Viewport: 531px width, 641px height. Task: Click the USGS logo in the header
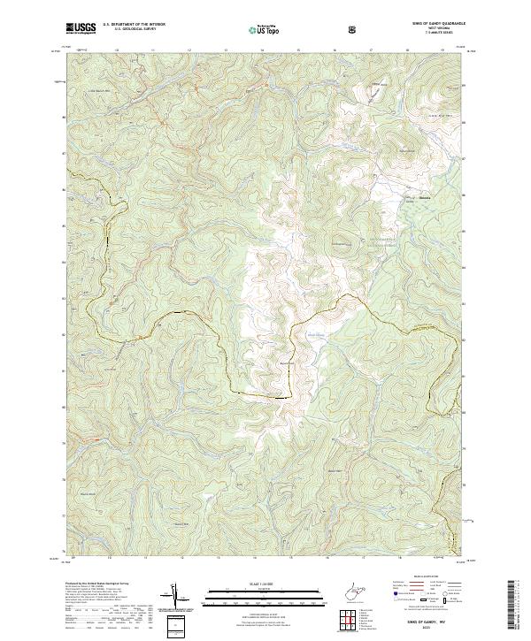pos(82,27)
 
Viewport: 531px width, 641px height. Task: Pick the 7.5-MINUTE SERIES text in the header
pos(435,34)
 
